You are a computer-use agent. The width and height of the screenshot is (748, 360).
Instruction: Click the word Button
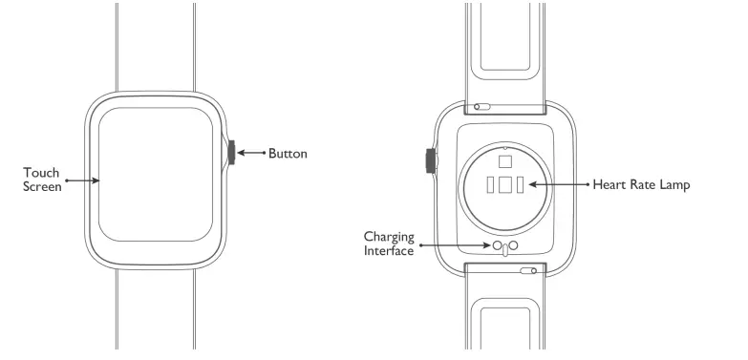tap(288, 153)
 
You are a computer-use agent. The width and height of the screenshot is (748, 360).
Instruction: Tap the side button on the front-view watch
tap(231, 153)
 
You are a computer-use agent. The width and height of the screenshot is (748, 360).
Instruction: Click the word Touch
tap(42, 173)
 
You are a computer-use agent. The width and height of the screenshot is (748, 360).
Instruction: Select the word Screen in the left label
tap(43, 187)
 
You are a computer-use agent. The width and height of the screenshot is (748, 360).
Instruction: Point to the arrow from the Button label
tap(250, 153)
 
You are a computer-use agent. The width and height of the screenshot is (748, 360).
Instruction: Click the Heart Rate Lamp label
tap(640, 184)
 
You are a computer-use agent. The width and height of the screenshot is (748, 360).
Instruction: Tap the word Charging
tap(388, 236)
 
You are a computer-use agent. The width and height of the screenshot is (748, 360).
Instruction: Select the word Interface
tap(389, 251)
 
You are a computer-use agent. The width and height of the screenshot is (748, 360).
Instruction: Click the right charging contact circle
tap(513, 246)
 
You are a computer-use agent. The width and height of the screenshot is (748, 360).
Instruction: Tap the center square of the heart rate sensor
tap(505, 185)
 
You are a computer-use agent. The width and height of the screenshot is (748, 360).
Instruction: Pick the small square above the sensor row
tap(505, 159)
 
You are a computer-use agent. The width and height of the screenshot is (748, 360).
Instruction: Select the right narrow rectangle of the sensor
tap(521, 185)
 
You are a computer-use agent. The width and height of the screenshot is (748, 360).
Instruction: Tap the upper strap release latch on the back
tap(482, 108)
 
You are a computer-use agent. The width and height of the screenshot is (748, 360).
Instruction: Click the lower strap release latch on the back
tap(528, 270)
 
